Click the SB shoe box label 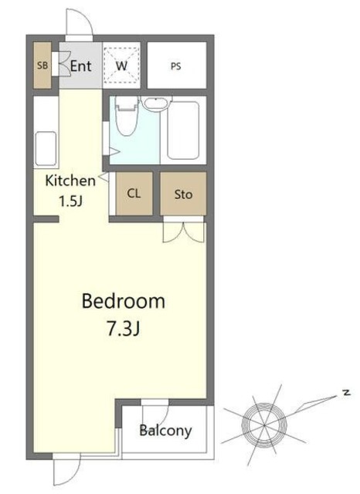pyautogui.click(x=42, y=65)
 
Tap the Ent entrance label pyautogui.click(x=80, y=66)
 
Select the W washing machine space pyautogui.click(x=122, y=66)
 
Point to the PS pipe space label pyautogui.click(x=176, y=66)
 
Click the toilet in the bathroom pyautogui.click(x=127, y=116)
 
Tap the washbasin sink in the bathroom pyautogui.click(x=156, y=103)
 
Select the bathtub pyautogui.click(x=183, y=130)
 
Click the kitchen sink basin pyautogui.click(x=46, y=149)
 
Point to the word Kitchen pyautogui.click(x=70, y=181)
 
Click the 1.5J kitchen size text pyautogui.click(x=71, y=201)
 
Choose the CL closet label pyautogui.click(x=134, y=193)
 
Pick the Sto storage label pyautogui.click(x=183, y=194)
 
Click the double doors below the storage pyautogui.click(x=183, y=232)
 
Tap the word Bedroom pyautogui.click(x=124, y=301)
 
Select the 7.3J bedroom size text pyautogui.click(x=124, y=330)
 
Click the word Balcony pyautogui.click(x=165, y=431)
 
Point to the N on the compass pyautogui.click(x=346, y=393)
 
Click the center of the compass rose pyautogui.click(x=264, y=425)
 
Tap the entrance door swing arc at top pyautogui.click(x=80, y=22)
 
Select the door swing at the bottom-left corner pyautogui.click(x=67, y=472)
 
